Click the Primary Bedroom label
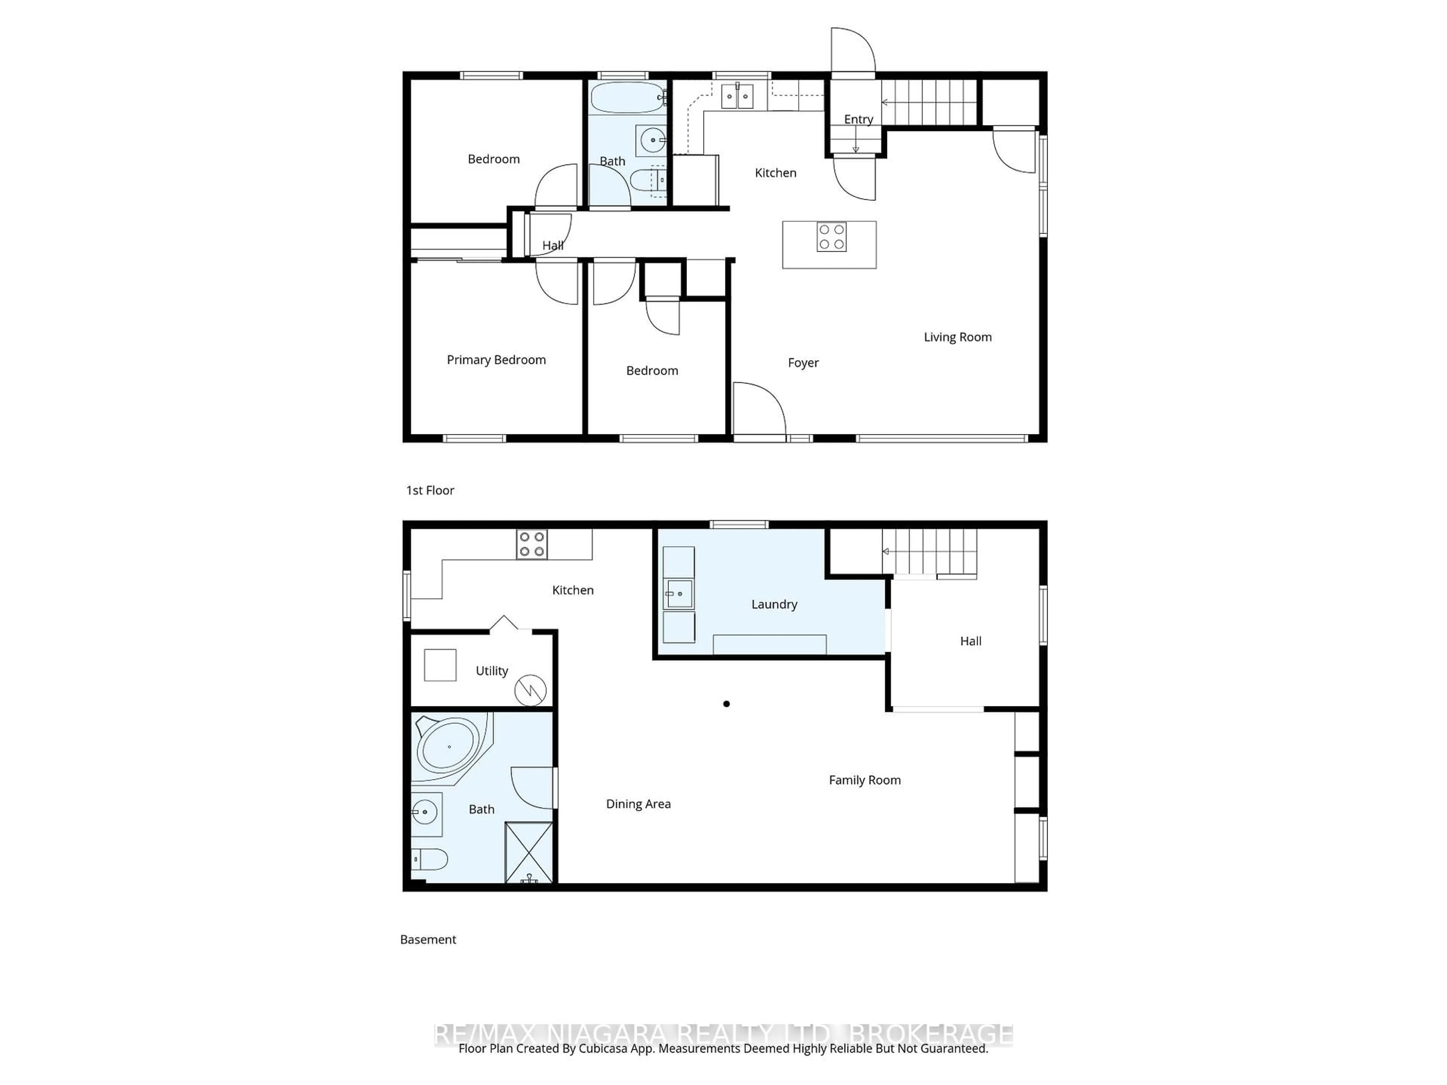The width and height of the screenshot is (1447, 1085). tap(496, 360)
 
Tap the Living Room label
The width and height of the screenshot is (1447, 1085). tap(957, 337)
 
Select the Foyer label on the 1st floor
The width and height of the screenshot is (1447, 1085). tap(803, 362)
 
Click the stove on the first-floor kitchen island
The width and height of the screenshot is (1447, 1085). tap(831, 237)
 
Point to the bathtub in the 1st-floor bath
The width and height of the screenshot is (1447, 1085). tap(627, 98)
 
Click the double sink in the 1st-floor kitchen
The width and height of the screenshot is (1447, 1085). tap(737, 96)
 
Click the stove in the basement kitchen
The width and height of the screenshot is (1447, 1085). tap(532, 544)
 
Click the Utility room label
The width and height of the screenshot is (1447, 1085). tap(491, 671)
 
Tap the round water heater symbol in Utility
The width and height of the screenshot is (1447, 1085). tap(530, 690)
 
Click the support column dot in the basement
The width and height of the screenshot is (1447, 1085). tap(726, 704)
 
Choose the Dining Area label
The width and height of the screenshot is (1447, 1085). tap(638, 804)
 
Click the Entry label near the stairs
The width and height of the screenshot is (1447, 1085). tap(858, 119)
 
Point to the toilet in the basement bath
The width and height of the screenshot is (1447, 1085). tap(430, 858)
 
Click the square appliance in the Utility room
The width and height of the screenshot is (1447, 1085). tap(440, 665)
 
